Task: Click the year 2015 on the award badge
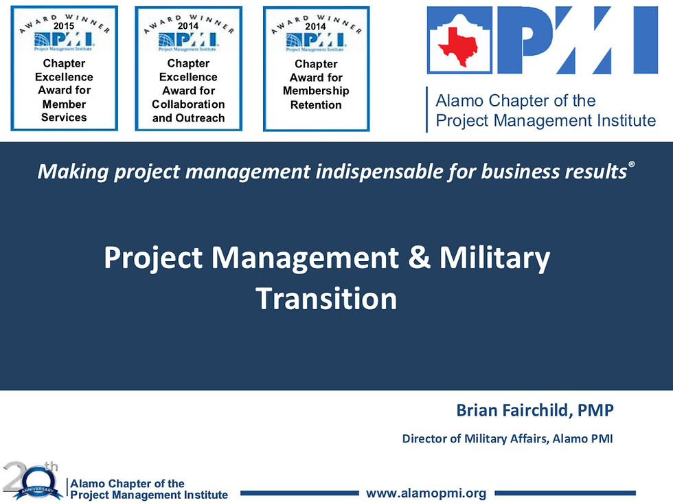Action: tap(64, 26)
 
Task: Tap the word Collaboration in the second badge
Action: tap(188, 104)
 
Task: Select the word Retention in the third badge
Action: tap(316, 105)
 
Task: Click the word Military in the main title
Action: tap(494, 258)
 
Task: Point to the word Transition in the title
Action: tap(326, 298)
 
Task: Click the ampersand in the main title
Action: tap(419, 257)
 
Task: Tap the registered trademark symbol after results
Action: tap(631, 164)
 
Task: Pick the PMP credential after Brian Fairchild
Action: tap(596, 410)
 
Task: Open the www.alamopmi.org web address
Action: tap(426, 493)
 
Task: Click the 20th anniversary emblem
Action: tap(31, 480)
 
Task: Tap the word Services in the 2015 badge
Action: tap(64, 118)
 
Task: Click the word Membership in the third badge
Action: tap(316, 91)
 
